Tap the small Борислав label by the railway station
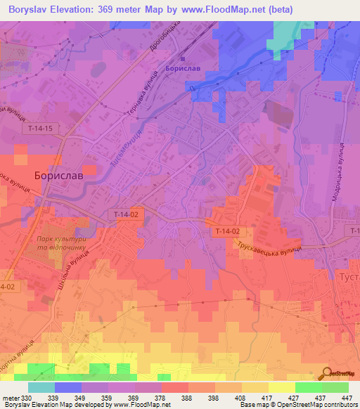pyautogui.click(x=184, y=69)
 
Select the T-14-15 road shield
pyautogui.click(x=41, y=129)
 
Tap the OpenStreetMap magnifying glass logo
pyautogui.click(x=326, y=373)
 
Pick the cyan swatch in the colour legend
pyautogui.click(x=41, y=387)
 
